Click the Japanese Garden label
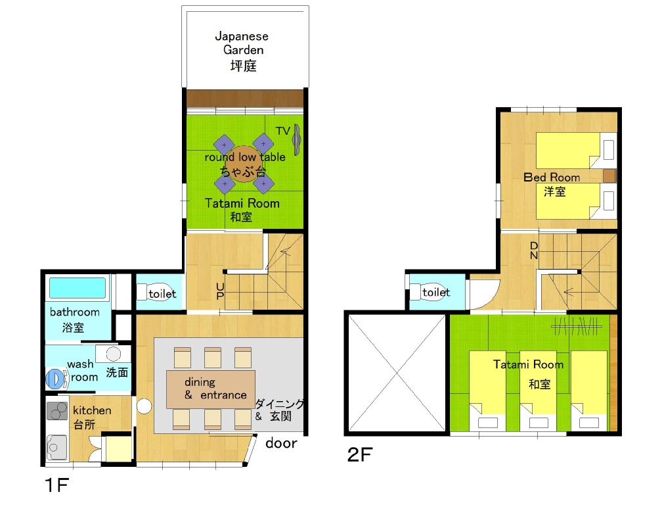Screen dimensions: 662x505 click(x=242, y=51)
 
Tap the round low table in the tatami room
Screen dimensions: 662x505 click(x=244, y=164)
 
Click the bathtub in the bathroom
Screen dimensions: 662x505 click(x=77, y=288)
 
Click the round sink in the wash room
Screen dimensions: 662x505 click(x=113, y=354)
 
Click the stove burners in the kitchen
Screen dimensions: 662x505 click(x=57, y=410)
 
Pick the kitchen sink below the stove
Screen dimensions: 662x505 click(x=56, y=447)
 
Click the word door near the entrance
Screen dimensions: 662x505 click(x=281, y=443)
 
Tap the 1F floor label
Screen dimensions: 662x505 click(x=56, y=485)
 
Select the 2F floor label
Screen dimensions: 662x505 click(x=360, y=455)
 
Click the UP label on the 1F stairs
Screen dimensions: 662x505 click(x=220, y=291)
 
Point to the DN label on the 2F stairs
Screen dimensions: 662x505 click(x=534, y=251)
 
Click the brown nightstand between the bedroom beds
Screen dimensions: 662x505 click(x=609, y=176)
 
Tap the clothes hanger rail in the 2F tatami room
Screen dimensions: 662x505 click(x=577, y=326)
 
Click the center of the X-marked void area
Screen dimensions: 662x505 click(x=397, y=373)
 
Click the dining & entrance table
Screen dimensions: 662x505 click(x=211, y=389)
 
